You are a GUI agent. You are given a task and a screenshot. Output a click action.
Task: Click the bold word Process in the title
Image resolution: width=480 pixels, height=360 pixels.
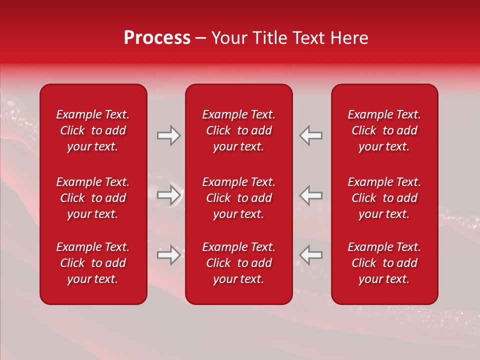[x=157, y=38]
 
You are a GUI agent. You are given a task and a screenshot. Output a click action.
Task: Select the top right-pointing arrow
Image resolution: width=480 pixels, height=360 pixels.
[x=169, y=135]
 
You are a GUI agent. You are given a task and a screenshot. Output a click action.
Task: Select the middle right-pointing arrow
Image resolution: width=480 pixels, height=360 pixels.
[x=169, y=195]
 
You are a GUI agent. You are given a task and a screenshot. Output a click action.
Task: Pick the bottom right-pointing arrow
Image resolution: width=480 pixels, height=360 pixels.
[x=169, y=255]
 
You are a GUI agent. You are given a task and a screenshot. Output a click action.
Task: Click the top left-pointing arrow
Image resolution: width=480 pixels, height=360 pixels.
[x=311, y=135]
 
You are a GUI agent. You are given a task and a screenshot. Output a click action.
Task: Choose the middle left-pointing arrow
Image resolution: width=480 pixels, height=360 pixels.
[x=311, y=195]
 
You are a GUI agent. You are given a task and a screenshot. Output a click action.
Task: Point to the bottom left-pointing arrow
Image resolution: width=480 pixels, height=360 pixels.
[x=311, y=255]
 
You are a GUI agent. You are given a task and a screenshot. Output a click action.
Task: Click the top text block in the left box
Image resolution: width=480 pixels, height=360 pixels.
[x=93, y=130]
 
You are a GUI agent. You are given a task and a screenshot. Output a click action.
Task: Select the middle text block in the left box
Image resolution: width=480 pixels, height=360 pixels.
[x=93, y=198]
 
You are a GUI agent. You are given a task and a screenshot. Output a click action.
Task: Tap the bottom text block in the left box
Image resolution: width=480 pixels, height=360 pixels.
[x=93, y=263]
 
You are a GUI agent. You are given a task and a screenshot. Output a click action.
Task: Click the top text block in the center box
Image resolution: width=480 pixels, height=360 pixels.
[x=238, y=130]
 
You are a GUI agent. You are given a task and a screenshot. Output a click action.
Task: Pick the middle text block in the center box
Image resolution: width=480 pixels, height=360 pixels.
[x=238, y=198]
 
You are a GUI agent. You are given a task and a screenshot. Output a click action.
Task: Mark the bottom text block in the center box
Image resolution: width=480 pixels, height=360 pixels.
[x=238, y=263]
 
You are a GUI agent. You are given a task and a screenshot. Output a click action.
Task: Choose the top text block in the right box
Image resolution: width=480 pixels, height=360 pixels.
[x=384, y=130]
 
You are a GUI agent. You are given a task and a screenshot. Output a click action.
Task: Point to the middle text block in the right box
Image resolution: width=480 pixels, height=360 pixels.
[x=384, y=198]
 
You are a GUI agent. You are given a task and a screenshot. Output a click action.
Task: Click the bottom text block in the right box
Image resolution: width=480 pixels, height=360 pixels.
[x=384, y=263]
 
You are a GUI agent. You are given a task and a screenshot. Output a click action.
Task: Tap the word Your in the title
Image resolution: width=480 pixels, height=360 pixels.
[x=229, y=38]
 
